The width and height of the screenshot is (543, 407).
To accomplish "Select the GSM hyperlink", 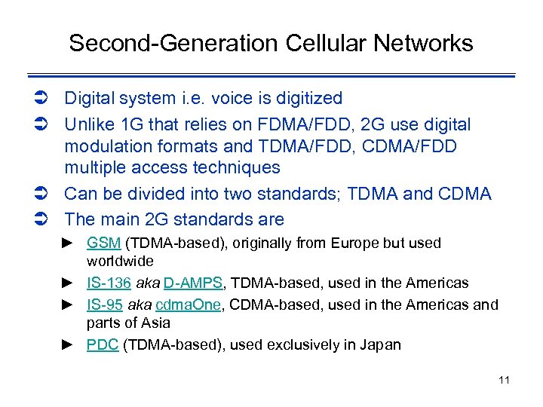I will click(103, 243).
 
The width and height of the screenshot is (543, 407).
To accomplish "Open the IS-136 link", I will click(109, 283).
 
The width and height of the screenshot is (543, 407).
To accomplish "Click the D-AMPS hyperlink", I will click(192, 283).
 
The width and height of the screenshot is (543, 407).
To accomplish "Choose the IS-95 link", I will click(105, 304).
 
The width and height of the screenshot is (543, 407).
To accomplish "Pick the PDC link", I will click(103, 345).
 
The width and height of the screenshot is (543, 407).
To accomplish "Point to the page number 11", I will click(504, 380).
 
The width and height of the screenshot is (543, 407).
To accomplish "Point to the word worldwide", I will click(120, 262).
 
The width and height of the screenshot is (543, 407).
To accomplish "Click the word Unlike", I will click(88, 124).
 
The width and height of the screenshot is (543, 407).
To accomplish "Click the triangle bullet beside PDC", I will click(67, 345).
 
